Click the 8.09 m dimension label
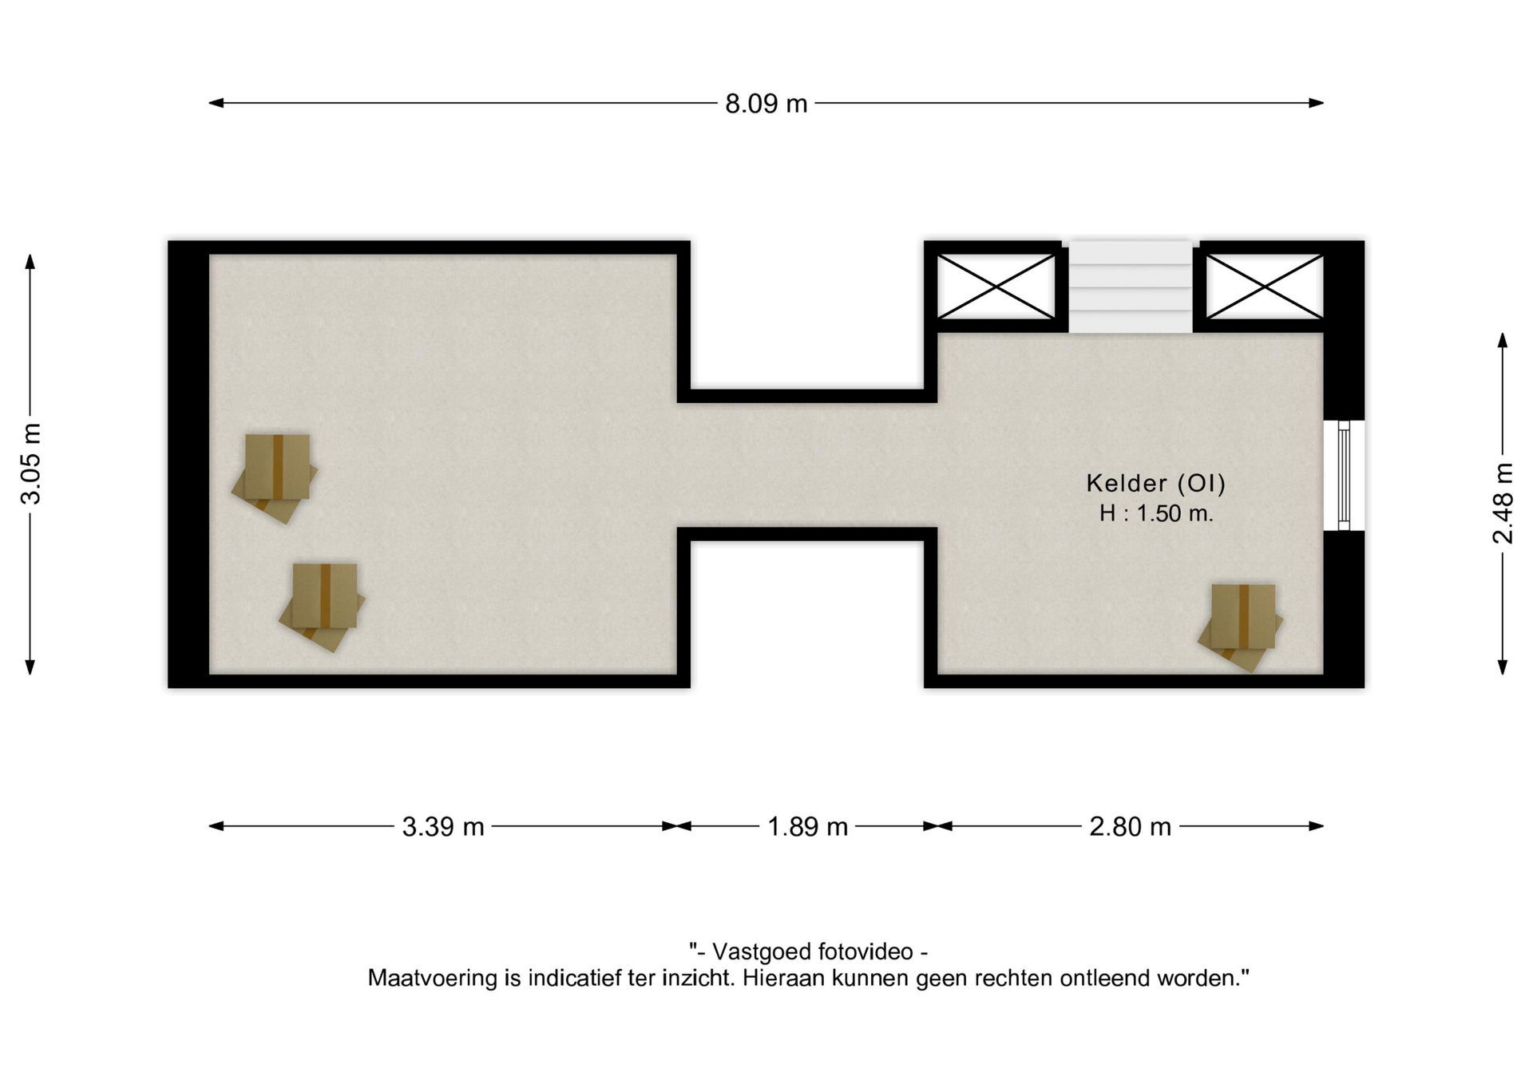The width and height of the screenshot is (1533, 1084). pyautogui.click(x=766, y=104)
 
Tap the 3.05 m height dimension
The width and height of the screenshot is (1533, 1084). pyautogui.click(x=30, y=464)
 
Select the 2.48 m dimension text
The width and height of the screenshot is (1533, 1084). pyautogui.click(x=1503, y=503)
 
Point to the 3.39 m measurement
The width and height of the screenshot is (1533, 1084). pyautogui.click(x=443, y=826)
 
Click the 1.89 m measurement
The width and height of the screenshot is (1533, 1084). pyautogui.click(x=807, y=826)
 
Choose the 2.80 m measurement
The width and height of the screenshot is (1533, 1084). pyautogui.click(x=1130, y=826)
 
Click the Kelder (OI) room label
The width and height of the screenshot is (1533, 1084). pyautogui.click(x=1155, y=483)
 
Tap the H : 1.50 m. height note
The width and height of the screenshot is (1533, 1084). pyautogui.click(x=1156, y=513)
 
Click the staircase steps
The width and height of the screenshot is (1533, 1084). pyautogui.click(x=1130, y=287)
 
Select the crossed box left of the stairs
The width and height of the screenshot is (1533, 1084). pyautogui.click(x=996, y=286)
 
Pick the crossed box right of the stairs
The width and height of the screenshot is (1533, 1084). pyautogui.click(x=1264, y=286)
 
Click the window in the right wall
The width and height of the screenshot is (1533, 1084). pyautogui.click(x=1344, y=476)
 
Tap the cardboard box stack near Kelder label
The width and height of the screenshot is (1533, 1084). pyautogui.click(x=1241, y=627)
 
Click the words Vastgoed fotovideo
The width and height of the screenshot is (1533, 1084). pyautogui.click(x=812, y=951)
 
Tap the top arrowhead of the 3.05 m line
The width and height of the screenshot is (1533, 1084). pyautogui.click(x=30, y=262)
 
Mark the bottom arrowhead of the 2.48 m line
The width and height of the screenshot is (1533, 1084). pyautogui.click(x=1503, y=667)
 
